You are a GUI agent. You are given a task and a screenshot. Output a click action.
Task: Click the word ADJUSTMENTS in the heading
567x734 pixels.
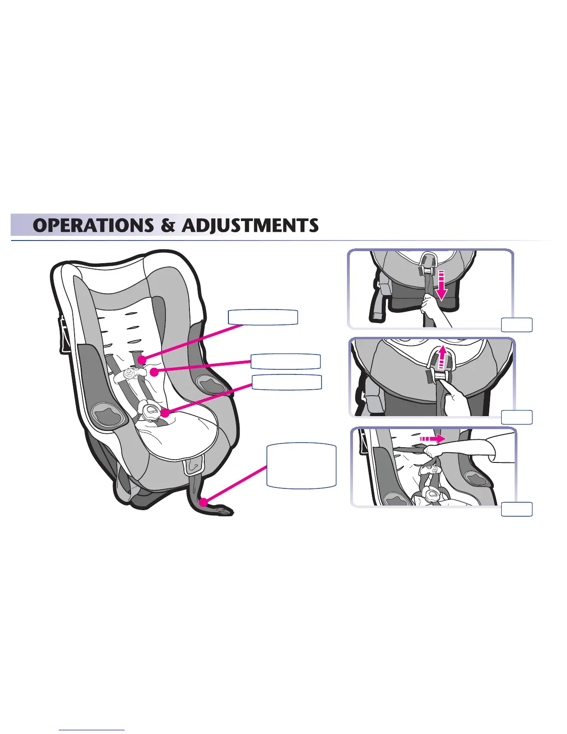[x=250, y=226]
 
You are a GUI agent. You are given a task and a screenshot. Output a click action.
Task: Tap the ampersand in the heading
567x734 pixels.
[x=168, y=226]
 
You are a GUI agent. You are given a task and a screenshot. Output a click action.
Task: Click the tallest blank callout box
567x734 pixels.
[x=301, y=466]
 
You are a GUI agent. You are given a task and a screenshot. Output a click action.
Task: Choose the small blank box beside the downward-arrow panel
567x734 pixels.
[x=517, y=325]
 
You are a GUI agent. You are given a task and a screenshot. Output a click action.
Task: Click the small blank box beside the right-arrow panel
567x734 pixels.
[x=517, y=509]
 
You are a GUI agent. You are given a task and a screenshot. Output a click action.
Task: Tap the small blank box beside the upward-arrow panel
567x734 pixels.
[x=517, y=417]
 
